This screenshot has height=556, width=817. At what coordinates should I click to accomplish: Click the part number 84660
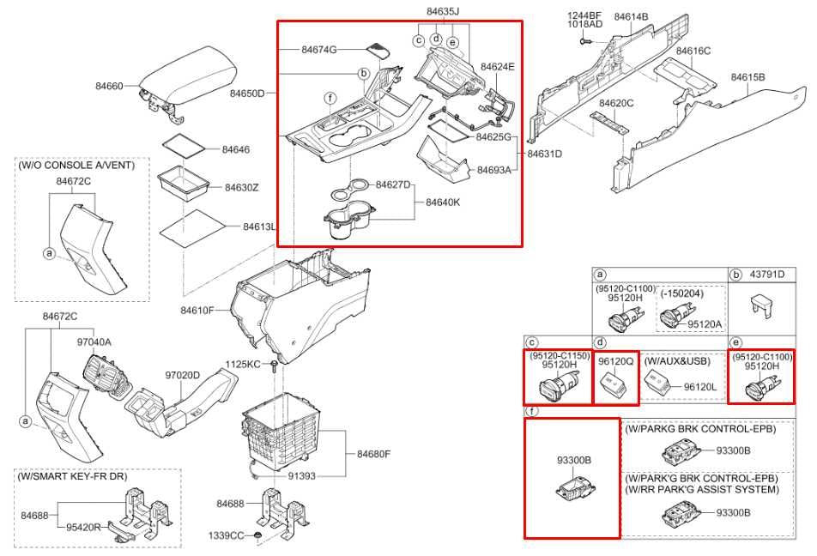pos(110,86)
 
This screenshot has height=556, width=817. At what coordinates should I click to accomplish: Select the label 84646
pos(236,149)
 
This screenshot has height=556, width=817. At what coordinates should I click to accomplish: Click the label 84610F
pos(197,311)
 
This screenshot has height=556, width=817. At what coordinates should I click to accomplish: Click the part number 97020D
pos(182,375)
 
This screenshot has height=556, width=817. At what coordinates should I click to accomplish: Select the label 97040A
pos(94,341)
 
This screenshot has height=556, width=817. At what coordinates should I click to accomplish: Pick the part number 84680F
pos(373,454)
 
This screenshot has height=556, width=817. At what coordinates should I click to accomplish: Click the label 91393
pos(302,475)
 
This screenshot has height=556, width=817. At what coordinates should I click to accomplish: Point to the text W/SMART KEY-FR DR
pos(72,476)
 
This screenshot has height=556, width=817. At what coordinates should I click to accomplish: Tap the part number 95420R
pos(83,528)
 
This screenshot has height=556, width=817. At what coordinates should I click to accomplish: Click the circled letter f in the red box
pos(330,98)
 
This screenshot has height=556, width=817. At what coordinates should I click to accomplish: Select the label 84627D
pos(393,185)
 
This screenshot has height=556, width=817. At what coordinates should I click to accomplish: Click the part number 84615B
pos(747,77)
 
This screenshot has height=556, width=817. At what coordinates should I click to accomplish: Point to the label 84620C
pos(616,103)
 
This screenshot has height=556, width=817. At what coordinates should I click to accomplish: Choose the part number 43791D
pos(767,274)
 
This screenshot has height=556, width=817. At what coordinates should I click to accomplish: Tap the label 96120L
pos(700,387)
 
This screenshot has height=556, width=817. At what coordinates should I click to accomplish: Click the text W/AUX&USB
pos(677,361)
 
